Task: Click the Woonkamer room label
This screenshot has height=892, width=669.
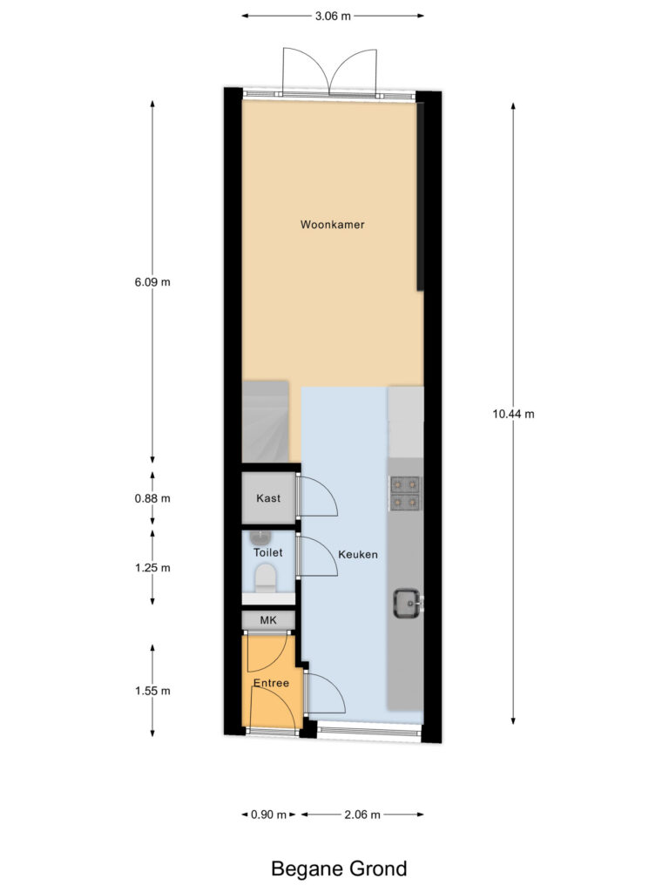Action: pos(332,225)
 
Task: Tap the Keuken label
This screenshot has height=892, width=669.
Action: pos(358,554)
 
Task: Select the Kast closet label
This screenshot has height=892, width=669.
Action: pos(268,498)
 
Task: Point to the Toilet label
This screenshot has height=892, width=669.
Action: pos(267,553)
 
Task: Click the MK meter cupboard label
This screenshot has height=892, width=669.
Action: pos(268,619)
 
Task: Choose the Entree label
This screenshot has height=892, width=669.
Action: pos(270,684)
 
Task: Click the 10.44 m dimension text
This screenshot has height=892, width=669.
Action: pos(513,414)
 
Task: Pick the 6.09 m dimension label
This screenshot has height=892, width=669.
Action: pos(153,282)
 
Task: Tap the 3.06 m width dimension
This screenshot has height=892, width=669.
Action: pos(333,16)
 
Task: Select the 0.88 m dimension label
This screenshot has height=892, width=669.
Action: pos(153,499)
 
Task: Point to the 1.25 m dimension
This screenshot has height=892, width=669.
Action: pos(153,568)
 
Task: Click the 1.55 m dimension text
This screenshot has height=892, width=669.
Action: pos(153,691)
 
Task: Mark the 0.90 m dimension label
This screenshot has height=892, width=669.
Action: pos(269,815)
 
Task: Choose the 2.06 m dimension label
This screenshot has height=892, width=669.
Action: pos(362,815)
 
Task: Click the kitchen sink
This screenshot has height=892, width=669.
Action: pos(406,602)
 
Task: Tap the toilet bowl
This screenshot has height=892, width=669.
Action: pos(264,577)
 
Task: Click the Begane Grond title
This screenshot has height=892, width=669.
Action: pos(339,868)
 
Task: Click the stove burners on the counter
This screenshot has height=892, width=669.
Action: pos(405,492)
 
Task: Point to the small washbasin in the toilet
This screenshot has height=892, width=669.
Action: pos(260,536)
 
